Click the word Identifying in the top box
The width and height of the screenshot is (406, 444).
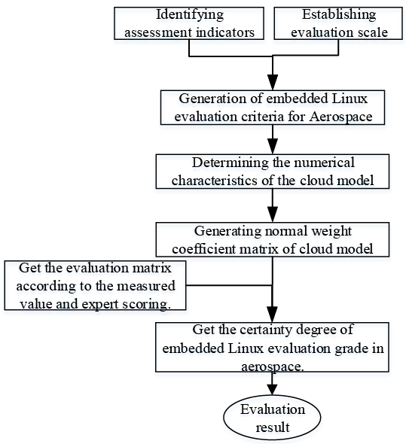click(x=190, y=15)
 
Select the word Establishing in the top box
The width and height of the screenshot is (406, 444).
click(x=339, y=15)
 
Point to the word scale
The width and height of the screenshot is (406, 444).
click(x=372, y=32)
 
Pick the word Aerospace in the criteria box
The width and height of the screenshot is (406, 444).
click(x=340, y=117)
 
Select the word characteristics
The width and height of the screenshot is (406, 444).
click(x=215, y=181)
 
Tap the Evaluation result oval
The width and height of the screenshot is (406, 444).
click(x=272, y=418)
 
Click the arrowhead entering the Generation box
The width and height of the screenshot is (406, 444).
click(x=273, y=83)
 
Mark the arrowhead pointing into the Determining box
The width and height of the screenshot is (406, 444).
click(x=273, y=147)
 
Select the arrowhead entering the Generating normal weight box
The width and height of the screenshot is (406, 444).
click(x=273, y=214)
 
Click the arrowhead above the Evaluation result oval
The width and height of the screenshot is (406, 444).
click(x=272, y=390)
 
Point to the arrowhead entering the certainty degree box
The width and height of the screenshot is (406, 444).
click(x=273, y=315)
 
